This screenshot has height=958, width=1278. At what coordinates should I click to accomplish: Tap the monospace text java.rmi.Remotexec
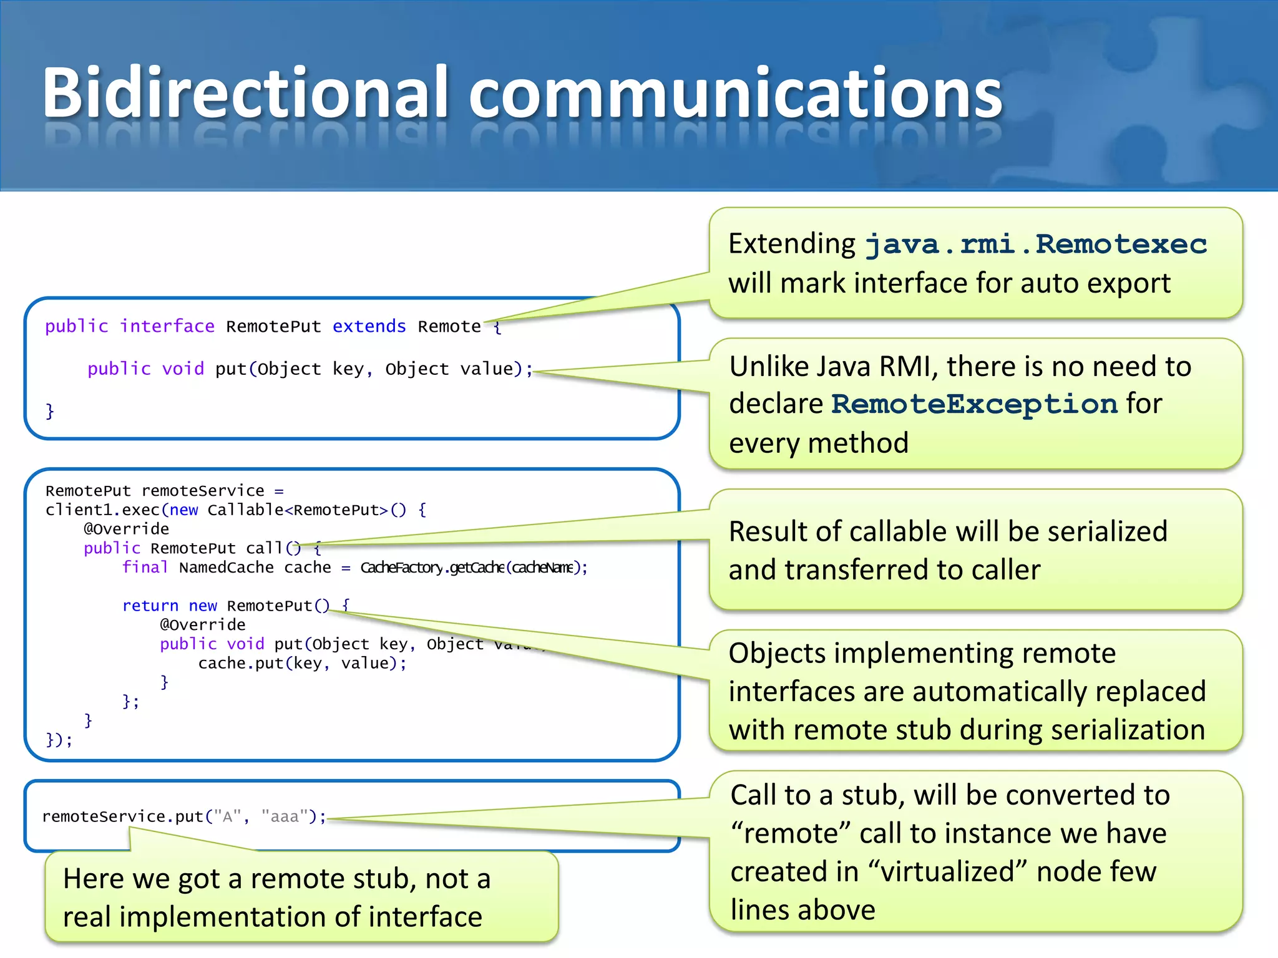[1036, 244]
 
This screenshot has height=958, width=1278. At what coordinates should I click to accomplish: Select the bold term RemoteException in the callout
[974, 404]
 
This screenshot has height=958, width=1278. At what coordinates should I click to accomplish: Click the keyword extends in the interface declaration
[369, 326]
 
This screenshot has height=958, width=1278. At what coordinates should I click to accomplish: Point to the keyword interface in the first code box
[167, 326]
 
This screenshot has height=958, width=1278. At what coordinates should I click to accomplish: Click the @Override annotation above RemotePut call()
[127, 529]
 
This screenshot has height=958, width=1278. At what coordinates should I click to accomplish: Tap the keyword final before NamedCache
[145, 567]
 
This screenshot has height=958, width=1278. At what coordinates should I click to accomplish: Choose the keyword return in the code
[150, 606]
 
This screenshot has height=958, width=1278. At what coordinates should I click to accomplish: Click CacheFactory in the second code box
[401, 568]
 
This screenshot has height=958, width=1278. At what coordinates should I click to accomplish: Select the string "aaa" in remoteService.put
[285, 816]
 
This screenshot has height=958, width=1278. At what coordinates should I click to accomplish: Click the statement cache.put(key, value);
[302, 663]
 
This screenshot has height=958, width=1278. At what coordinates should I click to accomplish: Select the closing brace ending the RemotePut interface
[50, 411]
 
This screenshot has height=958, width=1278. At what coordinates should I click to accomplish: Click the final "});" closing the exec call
[59, 740]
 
